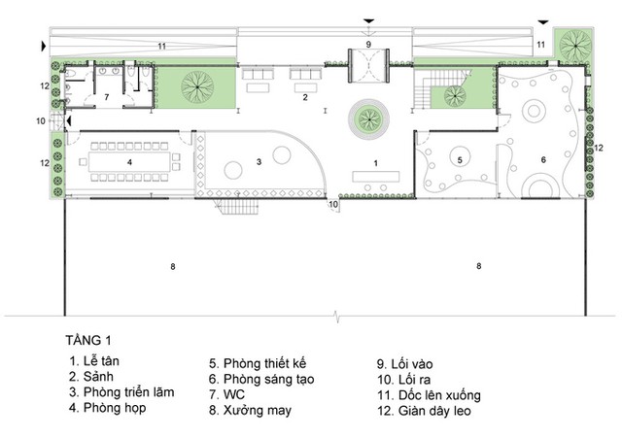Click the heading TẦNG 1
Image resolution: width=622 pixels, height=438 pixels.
pos(88,340)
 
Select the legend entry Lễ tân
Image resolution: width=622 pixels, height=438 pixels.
pos(94,361)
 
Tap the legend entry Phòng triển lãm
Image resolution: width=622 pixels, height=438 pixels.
pos(121,392)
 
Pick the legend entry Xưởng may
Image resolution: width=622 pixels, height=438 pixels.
pos(251,410)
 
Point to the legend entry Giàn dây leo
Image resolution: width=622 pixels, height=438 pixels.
pos(425,411)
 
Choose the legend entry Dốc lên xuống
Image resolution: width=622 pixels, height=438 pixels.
pos(430,395)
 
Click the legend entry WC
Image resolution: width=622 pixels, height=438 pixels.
pos(226,395)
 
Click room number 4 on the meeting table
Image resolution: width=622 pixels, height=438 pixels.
pos(129,162)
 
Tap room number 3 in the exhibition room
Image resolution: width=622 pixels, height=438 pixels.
pos(259,162)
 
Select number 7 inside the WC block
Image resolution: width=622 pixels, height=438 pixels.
pos(106,97)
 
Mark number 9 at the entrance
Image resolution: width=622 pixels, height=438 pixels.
pos(368,45)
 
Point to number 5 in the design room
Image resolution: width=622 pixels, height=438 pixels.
pos(460,159)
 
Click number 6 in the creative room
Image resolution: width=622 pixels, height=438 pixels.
pos(543,159)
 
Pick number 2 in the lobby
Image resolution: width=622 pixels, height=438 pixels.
pos(305,97)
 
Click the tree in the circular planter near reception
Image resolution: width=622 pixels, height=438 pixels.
pos(368,118)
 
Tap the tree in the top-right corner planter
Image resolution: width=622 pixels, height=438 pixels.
pos(575,45)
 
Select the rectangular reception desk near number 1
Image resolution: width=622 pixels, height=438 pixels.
pos(376,177)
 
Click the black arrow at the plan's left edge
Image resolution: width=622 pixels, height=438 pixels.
pos(44,47)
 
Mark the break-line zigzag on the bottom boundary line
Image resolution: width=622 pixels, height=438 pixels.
pos(337,317)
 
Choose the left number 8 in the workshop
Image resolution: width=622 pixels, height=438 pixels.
pos(173,267)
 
